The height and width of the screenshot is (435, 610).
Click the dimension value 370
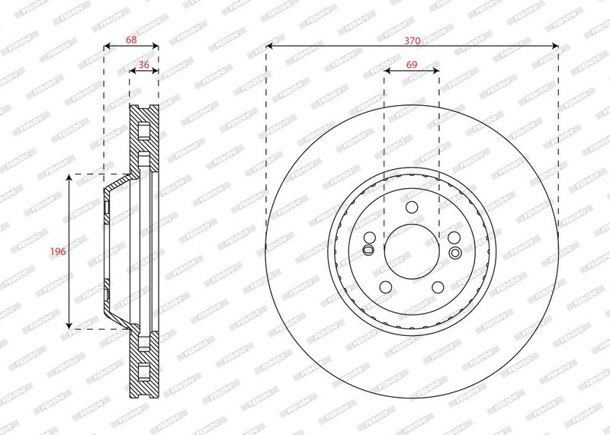click(x=412, y=40)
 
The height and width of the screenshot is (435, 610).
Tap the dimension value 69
click(x=412, y=65)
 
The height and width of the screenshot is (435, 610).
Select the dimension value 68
click(x=131, y=40)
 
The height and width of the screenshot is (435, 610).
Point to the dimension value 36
click(x=144, y=65)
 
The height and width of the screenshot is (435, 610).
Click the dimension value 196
click(x=58, y=251)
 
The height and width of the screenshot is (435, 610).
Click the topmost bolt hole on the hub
click(x=412, y=206)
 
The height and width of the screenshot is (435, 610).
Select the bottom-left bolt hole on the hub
click(x=386, y=287)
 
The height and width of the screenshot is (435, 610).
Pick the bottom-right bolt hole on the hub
click(x=438, y=287)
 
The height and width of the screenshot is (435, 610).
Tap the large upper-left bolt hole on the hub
click(x=370, y=238)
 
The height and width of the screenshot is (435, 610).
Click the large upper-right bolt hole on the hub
click(x=454, y=238)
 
